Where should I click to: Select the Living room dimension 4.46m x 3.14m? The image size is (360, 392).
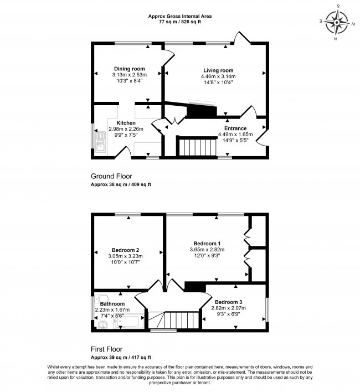(219, 76)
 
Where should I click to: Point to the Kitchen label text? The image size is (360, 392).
(126, 122)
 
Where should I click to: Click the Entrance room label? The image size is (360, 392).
(235, 128)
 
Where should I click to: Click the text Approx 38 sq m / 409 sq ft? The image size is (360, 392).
(121, 184)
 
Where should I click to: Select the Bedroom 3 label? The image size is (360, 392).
(229, 302)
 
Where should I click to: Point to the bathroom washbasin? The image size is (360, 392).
(101, 300)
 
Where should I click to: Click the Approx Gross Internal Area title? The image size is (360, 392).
(179, 16)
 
